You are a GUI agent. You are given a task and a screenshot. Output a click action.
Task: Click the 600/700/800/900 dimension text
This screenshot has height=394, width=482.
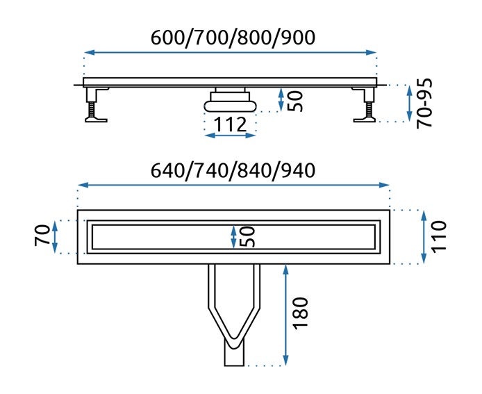pyautogui.click(x=233, y=38)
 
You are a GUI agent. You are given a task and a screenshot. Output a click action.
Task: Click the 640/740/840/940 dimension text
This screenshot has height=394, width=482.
pyautogui.click(x=233, y=170)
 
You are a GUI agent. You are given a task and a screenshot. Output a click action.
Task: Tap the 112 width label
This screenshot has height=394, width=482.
pyautogui.click(x=231, y=125)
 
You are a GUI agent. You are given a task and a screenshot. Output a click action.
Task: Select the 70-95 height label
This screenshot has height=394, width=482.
pyautogui.click(x=426, y=102)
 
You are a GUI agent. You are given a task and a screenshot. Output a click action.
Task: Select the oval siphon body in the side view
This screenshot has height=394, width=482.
pyautogui.click(x=230, y=105)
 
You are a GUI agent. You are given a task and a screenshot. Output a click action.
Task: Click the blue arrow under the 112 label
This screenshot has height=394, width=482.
pyautogui.click(x=231, y=136)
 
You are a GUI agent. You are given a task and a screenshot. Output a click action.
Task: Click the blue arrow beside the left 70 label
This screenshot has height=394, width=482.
pyautogui.click(x=58, y=237)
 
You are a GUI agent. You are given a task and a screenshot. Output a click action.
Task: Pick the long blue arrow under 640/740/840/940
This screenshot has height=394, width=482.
pyautogui.click(x=233, y=185)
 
